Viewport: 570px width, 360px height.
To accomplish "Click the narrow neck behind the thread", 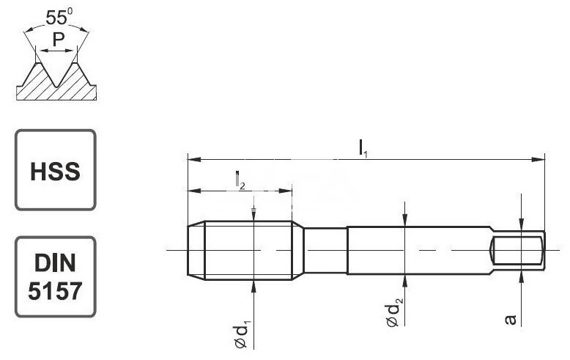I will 325,251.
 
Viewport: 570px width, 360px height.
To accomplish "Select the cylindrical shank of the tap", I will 418,251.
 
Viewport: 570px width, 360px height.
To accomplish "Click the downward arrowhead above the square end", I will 520,226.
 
